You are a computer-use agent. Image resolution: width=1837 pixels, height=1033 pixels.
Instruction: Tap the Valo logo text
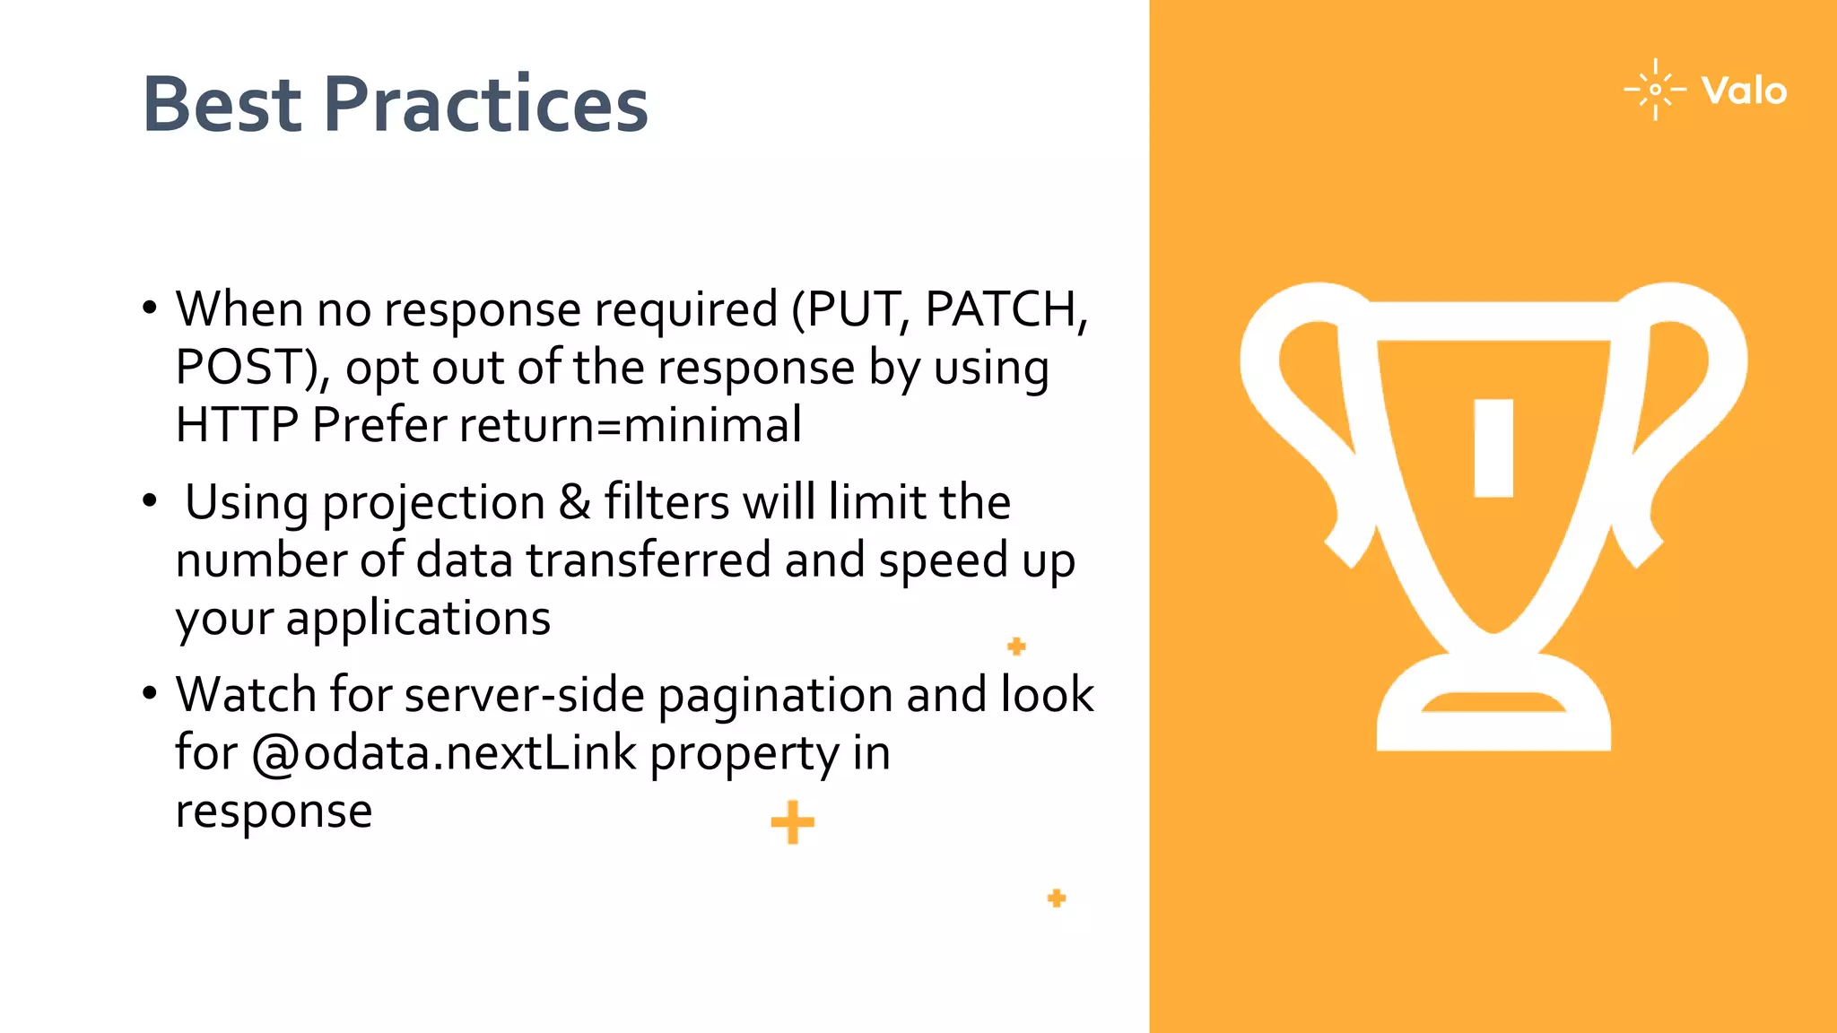pyautogui.click(x=1744, y=91)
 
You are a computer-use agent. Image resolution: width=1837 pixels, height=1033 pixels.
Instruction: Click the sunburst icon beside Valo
pyautogui.click(x=1655, y=90)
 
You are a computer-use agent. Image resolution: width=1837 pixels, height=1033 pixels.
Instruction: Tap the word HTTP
pyautogui.click(x=237, y=425)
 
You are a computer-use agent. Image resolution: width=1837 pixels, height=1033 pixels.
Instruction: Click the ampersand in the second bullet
pyautogui.click(x=574, y=502)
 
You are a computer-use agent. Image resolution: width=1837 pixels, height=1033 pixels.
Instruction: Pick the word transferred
pyautogui.click(x=648, y=560)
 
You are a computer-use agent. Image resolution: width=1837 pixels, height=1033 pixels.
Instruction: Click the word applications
pyautogui.click(x=418, y=620)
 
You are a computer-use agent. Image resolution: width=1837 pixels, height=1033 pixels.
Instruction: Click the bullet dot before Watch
pyautogui.click(x=150, y=692)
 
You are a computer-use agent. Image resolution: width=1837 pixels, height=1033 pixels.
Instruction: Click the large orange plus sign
pyautogui.click(x=792, y=822)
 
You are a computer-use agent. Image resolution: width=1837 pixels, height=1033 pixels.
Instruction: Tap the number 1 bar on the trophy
pyautogui.click(x=1493, y=447)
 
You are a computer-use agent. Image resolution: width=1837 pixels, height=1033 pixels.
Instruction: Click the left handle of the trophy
pyautogui.click(x=1292, y=404)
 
